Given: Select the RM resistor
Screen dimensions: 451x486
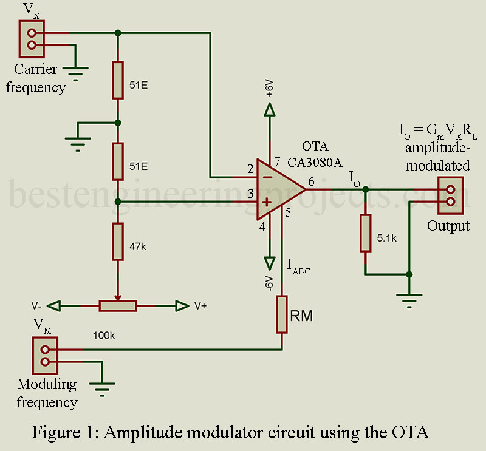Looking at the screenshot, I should click(x=282, y=314).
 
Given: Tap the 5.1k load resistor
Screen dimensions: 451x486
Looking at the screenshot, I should click(x=364, y=232).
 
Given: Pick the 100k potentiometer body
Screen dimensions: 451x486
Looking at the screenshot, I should click(x=118, y=306).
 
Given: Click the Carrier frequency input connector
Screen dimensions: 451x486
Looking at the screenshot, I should click(x=32, y=38).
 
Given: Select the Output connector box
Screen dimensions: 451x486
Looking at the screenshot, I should click(x=450, y=195).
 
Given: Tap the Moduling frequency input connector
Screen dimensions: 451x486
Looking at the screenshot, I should click(x=44, y=356).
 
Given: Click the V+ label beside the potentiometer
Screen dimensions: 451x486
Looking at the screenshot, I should click(x=200, y=306).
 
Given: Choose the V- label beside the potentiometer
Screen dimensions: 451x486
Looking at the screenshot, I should click(x=36, y=306).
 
